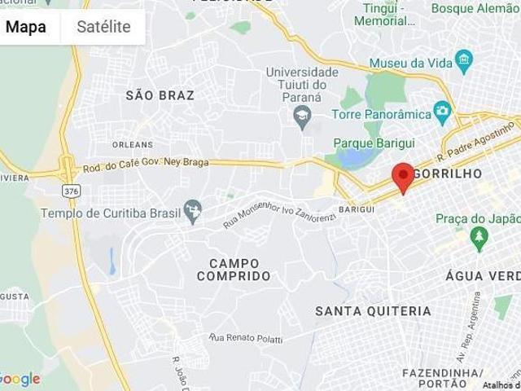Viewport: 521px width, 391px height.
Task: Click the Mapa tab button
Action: pyautogui.click(x=26, y=27)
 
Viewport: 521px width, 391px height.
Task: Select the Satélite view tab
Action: pyautogui.click(x=103, y=27)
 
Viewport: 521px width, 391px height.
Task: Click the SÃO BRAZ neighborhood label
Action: pyautogui.click(x=160, y=95)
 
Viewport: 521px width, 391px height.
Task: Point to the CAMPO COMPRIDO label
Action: pyautogui.click(x=234, y=270)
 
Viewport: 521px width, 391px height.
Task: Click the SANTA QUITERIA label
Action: pyautogui.click(x=373, y=311)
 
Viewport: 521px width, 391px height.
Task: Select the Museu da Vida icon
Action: pyautogui.click(x=464, y=59)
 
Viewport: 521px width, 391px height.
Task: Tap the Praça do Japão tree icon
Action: pyautogui.click(x=479, y=237)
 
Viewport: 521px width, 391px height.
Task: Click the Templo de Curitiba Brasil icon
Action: pyautogui.click(x=193, y=212)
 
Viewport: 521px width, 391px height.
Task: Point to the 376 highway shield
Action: pyautogui.click(x=71, y=189)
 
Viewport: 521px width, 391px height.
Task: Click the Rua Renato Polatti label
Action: pyautogui.click(x=245, y=337)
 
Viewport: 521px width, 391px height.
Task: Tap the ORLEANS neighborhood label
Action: pyautogui.click(x=132, y=144)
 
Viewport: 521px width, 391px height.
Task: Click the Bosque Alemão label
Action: pyautogui.click(x=475, y=8)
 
